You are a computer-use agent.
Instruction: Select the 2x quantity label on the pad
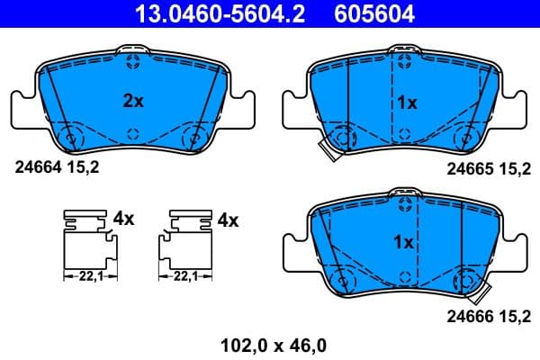point(132,102)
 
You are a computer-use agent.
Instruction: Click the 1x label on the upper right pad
point(407,103)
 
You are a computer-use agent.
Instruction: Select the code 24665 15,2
point(487,166)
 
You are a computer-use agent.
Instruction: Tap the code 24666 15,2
point(487,315)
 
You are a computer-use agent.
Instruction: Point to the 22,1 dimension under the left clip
point(88,276)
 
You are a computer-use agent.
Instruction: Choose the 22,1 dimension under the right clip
point(186,276)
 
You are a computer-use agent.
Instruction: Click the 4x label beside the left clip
point(123,219)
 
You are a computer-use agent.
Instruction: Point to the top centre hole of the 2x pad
point(133,62)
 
